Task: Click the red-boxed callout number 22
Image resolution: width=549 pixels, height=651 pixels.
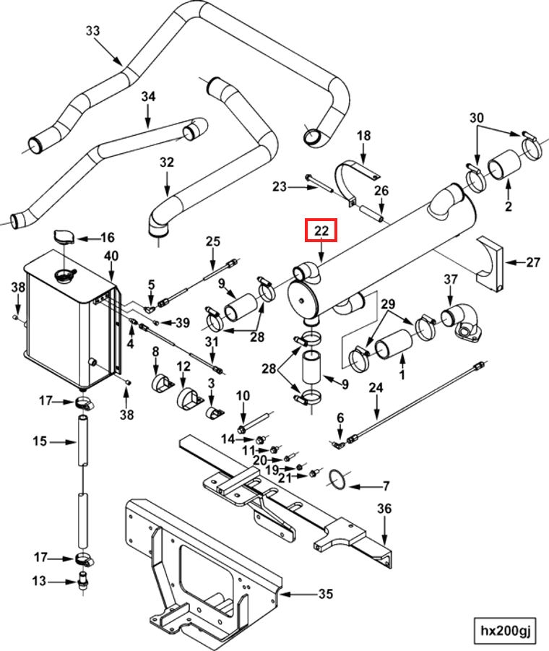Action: pyautogui.click(x=321, y=231)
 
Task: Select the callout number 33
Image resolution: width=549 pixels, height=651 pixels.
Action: pyautogui.click(x=93, y=30)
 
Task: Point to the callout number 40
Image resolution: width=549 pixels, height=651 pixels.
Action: pyautogui.click(x=111, y=256)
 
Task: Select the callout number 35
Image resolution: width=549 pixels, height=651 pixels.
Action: pyautogui.click(x=326, y=595)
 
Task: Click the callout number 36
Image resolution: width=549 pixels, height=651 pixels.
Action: pyautogui.click(x=384, y=509)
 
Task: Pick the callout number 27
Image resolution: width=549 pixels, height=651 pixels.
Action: pyautogui.click(x=532, y=262)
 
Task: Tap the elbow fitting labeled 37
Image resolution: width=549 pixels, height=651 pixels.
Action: pyautogui.click(x=459, y=318)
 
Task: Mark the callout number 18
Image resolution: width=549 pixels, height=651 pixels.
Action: pyautogui.click(x=363, y=135)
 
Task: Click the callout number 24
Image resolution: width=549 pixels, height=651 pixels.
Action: pyautogui.click(x=376, y=388)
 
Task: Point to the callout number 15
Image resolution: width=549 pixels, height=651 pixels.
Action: pyautogui.click(x=39, y=441)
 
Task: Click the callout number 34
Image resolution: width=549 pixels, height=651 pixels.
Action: pyautogui.click(x=148, y=96)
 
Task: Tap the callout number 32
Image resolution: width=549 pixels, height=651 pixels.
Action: pyautogui.click(x=167, y=163)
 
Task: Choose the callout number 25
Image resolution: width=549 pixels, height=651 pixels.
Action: pyautogui.click(x=212, y=241)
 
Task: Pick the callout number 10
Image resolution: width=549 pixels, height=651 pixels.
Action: pyautogui.click(x=243, y=395)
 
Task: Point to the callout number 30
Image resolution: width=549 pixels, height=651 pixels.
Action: pyautogui.click(x=477, y=117)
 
